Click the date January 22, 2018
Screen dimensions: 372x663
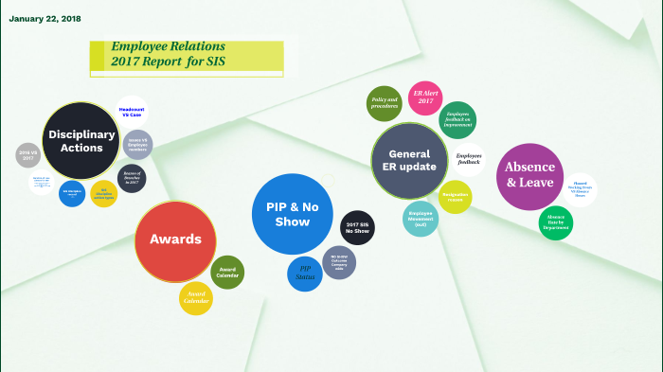click(45, 19)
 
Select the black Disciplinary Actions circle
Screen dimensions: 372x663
click(81, 141)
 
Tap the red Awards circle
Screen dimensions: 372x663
click(175, 240)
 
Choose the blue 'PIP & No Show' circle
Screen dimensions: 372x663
click(294, 214)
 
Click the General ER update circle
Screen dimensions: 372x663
click(409, 160)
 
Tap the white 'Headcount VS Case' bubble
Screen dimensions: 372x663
click(132, 112)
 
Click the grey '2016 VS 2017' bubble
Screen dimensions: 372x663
click(28, 155)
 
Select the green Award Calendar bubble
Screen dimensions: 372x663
click(227, 272)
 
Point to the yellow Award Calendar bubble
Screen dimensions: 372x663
click(196, 299)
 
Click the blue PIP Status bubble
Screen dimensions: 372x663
click(305, 274)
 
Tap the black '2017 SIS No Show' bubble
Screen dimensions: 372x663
click(357, 228)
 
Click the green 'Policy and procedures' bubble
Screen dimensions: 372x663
click(385, 103)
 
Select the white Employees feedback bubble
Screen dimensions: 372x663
click(468, 160)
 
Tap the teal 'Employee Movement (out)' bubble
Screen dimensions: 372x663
click(421, 218)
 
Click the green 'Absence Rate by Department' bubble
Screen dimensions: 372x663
click(556, 223)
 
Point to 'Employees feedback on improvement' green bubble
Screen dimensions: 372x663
click(458, 119)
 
